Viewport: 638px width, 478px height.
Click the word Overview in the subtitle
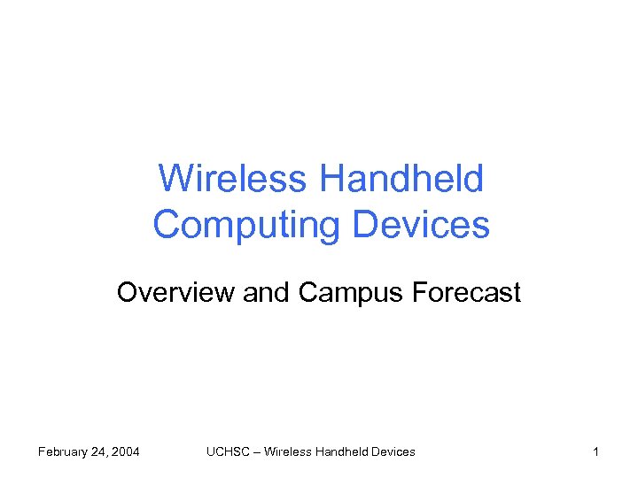pyautogui.click(x=175, y=293)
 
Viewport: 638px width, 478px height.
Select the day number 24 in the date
pyautogui.click(x=105, y=452)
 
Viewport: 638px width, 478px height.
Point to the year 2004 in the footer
pyautogui.click(x=127, y=452)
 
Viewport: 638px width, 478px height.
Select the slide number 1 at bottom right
pyautogui.click(x=596, y=452)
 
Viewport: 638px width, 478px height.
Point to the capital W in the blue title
pyautogui.click(x=174, y=180)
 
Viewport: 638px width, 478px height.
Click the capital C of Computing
pyautogui.click(x=166, y=225)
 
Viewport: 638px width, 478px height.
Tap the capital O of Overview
pyautogui.click(x=127, y=293)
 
